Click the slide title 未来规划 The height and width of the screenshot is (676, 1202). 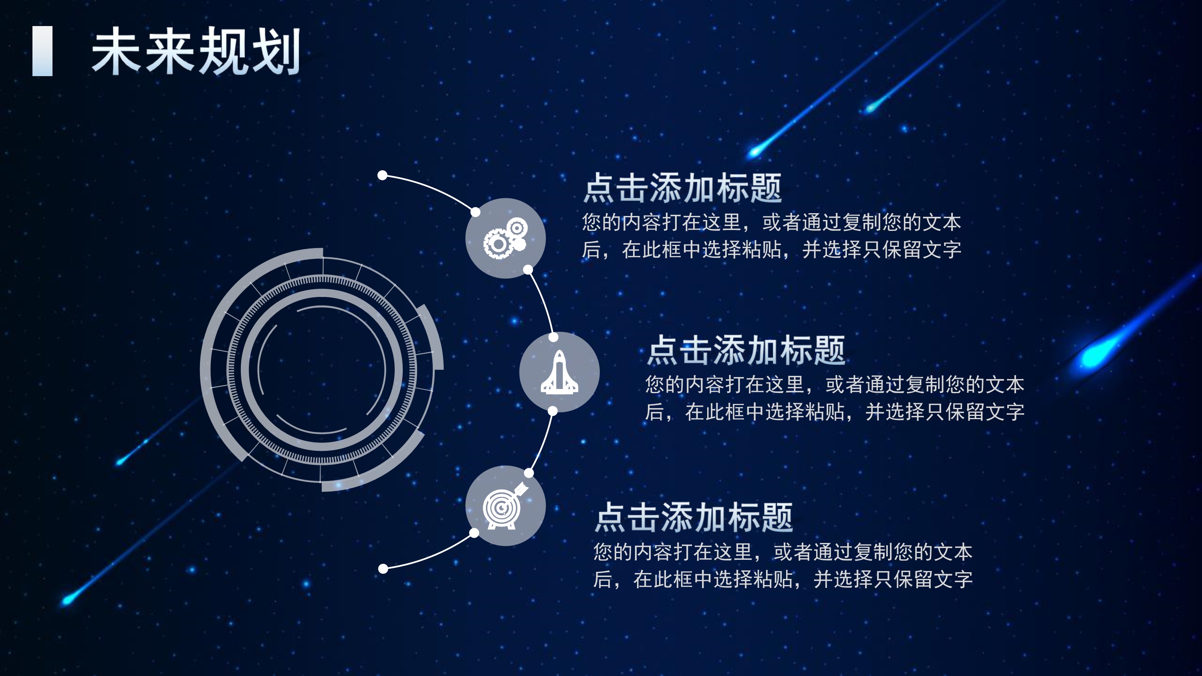click(x=196, y=51)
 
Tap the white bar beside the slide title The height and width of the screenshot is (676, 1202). click(x=42, y=51)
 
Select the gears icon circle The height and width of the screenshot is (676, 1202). click(x=505, y=238)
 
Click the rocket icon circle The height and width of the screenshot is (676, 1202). click(x=559, y=372)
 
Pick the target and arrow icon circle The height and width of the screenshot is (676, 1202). click(x=505, y=506)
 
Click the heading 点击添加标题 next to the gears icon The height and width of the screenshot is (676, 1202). click(x=682, y=188)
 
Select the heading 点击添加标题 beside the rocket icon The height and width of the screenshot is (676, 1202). click(x=746, y=350)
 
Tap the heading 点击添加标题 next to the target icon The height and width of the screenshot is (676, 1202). click(x=694, y=517)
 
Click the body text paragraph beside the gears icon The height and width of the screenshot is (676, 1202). click(x=771, y=236)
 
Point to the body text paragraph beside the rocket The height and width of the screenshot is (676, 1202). click(x=834, y=398)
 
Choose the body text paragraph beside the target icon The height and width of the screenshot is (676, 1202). click(x=783, y=565)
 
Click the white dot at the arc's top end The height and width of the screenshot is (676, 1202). click(x=383, y=176)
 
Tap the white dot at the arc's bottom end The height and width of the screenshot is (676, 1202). click(x=383, y=569)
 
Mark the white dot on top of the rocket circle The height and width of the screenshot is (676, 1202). click(x=553, y=337)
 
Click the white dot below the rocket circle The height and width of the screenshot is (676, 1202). click(x=553, y=411)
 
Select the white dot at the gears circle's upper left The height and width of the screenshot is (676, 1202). click(x=476, y=212)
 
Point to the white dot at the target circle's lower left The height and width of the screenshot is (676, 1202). click(x=474, y=533)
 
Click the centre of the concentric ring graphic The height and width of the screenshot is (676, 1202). click(x=321, y=369)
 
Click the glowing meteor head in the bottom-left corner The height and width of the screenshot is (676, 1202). click(x=68, y=599)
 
